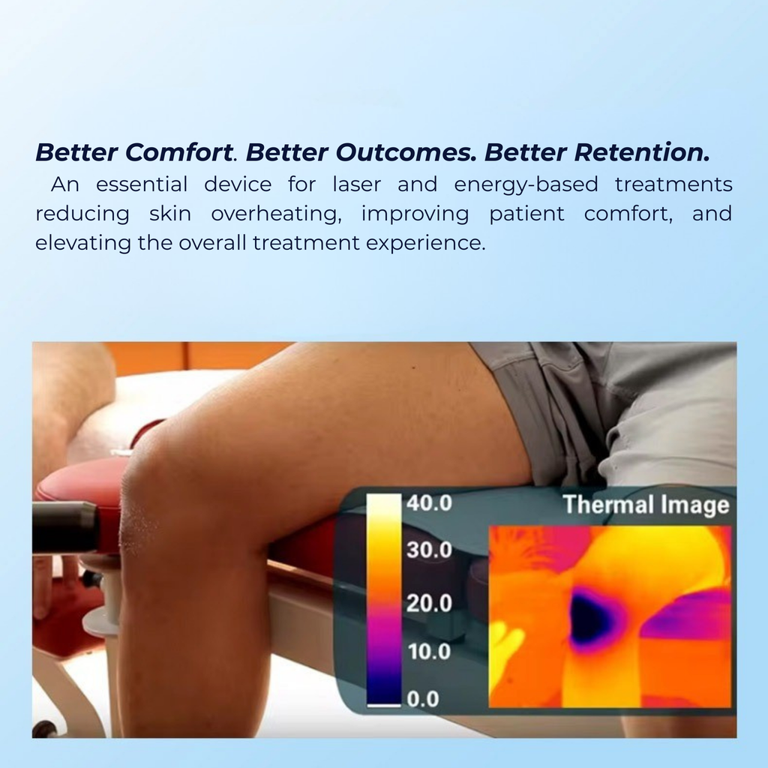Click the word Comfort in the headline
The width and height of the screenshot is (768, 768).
[177, 152]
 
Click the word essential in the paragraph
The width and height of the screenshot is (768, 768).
[142, 184]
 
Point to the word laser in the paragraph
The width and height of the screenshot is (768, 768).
[356, 184]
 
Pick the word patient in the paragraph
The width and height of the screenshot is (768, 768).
[526, 214]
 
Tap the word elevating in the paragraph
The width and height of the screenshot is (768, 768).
[83, 244]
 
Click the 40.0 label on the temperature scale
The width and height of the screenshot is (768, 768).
[429, 503]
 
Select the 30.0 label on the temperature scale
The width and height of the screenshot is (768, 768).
[429, 550]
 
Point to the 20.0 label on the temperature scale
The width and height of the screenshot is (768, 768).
[429, 603]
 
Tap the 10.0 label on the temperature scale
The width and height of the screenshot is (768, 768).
[429, 651]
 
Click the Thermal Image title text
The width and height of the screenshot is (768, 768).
[646, 505]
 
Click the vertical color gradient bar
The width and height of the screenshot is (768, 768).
[384, 600]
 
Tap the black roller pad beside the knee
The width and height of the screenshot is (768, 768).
[64, 527]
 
